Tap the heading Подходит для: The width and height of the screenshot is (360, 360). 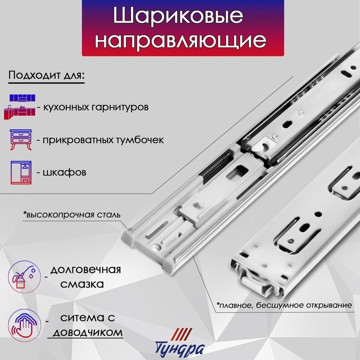click(46, 75)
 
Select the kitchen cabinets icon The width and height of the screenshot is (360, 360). click(22, 105)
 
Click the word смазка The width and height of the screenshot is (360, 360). click(86, 283)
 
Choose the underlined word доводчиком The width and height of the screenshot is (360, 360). click(86, 333)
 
